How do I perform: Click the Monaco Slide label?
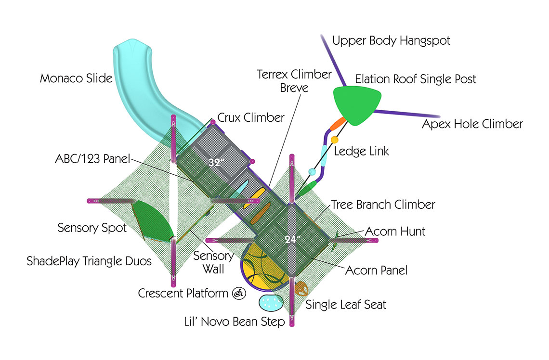click(x=76, y=78)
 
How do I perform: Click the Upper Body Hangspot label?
click(x=391, y=41)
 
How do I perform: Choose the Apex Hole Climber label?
click(x=472, y=124)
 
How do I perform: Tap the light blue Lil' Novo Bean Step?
click(x=272, y=302)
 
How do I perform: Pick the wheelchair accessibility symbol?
click(x=238, y=293)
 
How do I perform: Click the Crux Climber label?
click(x=251, y=117)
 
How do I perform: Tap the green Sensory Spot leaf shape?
click(x=153, y=221)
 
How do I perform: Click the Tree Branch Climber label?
click(x=383, y=205)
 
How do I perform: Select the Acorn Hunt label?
click(x=395, y=231)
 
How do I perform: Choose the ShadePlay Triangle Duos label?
click(x=89, y=261)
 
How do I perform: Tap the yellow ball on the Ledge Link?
click(x=334, y=140)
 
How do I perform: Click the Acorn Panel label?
click(x=376, y=270)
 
